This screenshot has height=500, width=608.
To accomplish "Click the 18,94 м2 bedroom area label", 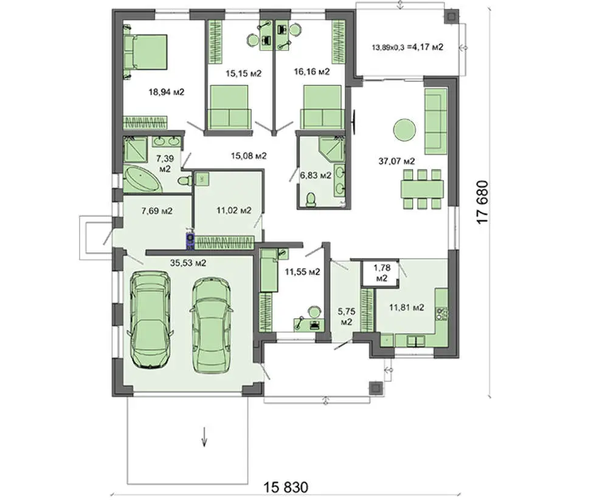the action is coord(167,92).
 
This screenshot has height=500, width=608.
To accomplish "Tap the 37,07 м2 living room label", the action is coord(396,161).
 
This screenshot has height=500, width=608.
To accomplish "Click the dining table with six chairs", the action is coord(422,189).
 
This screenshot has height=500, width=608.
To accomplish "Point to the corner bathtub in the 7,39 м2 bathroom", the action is coord(142,179).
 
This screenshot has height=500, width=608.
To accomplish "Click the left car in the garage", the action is coord(150,319).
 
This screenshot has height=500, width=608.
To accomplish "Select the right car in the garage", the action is coord(212,325).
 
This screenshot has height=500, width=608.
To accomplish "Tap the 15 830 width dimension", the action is coord(286,487).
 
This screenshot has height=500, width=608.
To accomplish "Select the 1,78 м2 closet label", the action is coord(382,273).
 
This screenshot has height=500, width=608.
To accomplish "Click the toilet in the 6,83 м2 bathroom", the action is coord(311,200).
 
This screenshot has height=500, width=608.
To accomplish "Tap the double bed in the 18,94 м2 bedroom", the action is coord(145,52).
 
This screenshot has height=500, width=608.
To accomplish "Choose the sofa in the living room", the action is coord(436,122).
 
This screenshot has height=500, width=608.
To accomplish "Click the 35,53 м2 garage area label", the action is coord(188,263).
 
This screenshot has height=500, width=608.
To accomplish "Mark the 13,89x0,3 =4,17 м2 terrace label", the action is coord(407,47).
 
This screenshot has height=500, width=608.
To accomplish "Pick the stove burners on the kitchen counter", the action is coord(441,313).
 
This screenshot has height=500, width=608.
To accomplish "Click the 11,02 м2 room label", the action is coord(234,210).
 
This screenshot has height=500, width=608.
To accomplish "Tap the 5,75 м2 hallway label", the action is coord(347,316).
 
